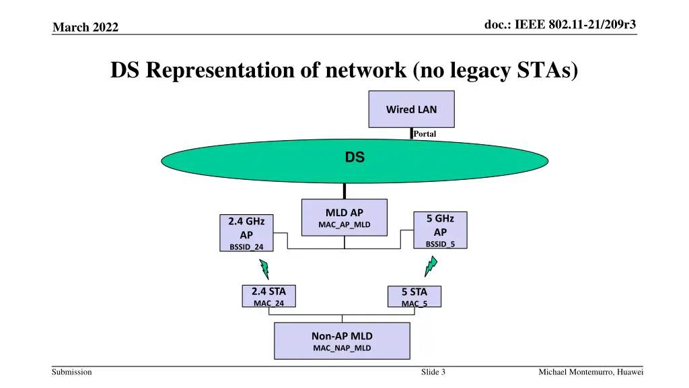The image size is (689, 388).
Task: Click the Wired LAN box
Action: pyautogui.click(x=411, y=108)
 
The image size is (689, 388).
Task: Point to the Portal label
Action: pyautogui.click(x=425, y=134)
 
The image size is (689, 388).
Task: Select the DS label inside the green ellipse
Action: pyautogui.click(x=355, y=158)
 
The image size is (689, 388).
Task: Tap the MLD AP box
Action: pyautogui.click(x=344, y=217)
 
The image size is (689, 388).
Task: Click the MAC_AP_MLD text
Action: pyautogui.click(x=344, y=224)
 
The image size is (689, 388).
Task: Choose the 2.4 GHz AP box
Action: pyautogui.click(x=246, y=233)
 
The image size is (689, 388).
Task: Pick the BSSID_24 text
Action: pyautogui.click(x=246, y=247)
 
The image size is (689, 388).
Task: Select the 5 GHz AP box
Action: pyautogui.click(x=440, y=230)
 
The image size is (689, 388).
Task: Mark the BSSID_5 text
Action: pyautogui.click(x=440, y=244)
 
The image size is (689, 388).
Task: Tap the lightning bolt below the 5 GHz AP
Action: pyautogui.click(x=431, y=267)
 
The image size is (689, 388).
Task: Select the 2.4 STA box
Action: pyautogui.click(x=268, y=296)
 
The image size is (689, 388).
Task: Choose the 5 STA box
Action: pyautogui.click(x=414, y=297)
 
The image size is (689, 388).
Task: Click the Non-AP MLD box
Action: pyautogui.click(x=342, y=341)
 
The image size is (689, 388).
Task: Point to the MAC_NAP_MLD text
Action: pyautogui.click(x=342, y=348)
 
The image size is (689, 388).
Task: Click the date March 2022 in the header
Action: pyautogui.click(x=85, y=27)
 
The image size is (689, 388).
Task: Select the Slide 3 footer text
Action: pyautogui.click(x=433, y=373)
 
